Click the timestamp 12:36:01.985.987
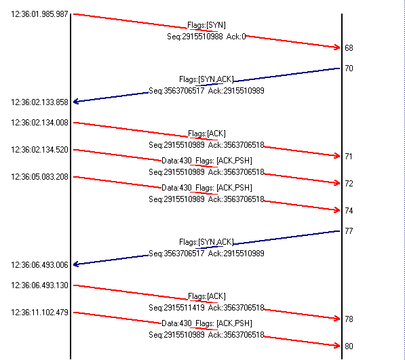(39, 14)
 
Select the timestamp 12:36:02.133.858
(39, 102)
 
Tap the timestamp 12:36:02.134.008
(39, 123)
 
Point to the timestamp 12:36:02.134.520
(39, 150)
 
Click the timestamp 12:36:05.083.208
(39, 177)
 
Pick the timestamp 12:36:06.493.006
(39, 265)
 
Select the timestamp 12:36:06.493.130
(39, 285)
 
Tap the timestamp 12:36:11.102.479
(39, 313)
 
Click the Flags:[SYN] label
(206, 25)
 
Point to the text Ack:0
(236, 37)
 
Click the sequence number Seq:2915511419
(176, 308)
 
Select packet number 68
(349, 48)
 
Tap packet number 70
(349, 68)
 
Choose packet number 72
(349, 184)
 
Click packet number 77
(349, 231)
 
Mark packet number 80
(349, 346)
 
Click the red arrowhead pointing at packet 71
(337, 156)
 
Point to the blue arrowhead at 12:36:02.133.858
(76, 102)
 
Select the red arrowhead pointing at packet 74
(337, 209)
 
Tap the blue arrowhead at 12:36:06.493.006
(76, 264)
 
